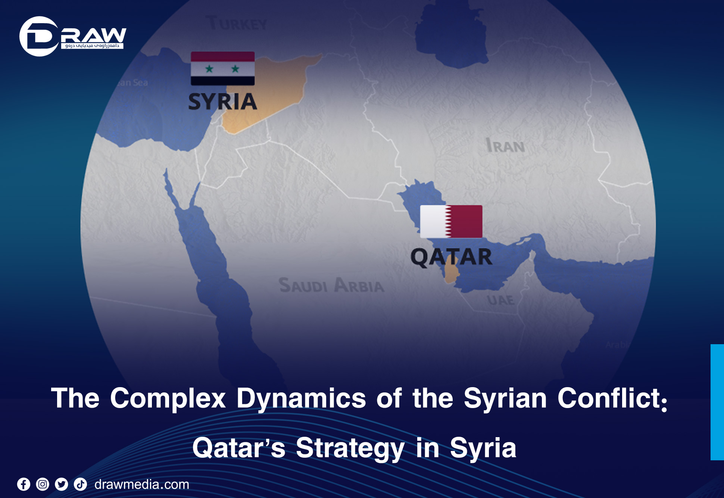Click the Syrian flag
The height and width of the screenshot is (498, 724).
point(222,68)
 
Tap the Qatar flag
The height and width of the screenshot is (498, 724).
point(451,221)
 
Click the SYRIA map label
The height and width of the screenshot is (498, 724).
point(222,102)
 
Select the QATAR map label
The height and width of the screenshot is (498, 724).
point(451,257)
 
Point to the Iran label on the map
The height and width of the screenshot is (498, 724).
point(505,146)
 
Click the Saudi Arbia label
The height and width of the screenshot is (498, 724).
point(331,285)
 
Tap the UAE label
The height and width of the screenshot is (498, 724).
point(500,300)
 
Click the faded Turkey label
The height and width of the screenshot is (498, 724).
point(237,24)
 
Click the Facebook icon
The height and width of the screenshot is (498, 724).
point(24,484)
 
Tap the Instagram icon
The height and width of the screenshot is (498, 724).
point(43,484)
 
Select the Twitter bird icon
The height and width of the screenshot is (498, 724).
point(62,484)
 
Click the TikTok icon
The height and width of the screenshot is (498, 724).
point(80,484)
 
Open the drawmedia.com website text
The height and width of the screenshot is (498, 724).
point(142,484)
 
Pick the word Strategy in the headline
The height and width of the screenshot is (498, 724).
point(350,448)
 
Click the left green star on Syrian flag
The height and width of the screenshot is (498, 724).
point(209,69)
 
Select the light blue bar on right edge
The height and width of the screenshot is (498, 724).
point(717,402)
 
